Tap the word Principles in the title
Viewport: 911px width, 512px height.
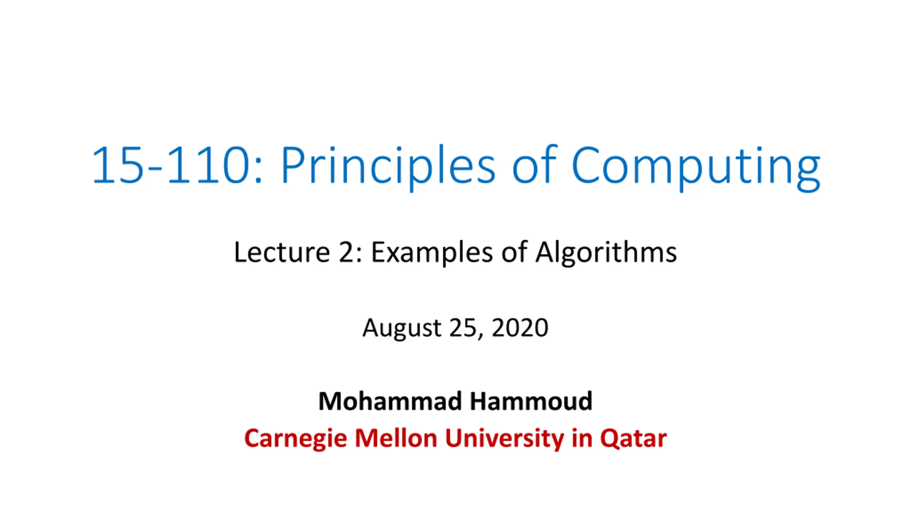(x=388, y=167)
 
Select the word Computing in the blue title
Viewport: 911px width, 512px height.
(x=696, y=167)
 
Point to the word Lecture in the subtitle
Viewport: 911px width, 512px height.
(x=282, y=252)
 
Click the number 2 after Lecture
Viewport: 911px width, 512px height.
(x=347, y=252)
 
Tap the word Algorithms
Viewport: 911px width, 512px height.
(x=606, y=253)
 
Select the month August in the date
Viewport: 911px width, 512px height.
(x=402, y=328)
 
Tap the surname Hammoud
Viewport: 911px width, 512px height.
(x=531, y=401)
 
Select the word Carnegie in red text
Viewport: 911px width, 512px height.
(x=295, y=439)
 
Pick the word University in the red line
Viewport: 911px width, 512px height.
(x=504, y=439)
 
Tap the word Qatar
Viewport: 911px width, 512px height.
(x=633, y=438)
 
